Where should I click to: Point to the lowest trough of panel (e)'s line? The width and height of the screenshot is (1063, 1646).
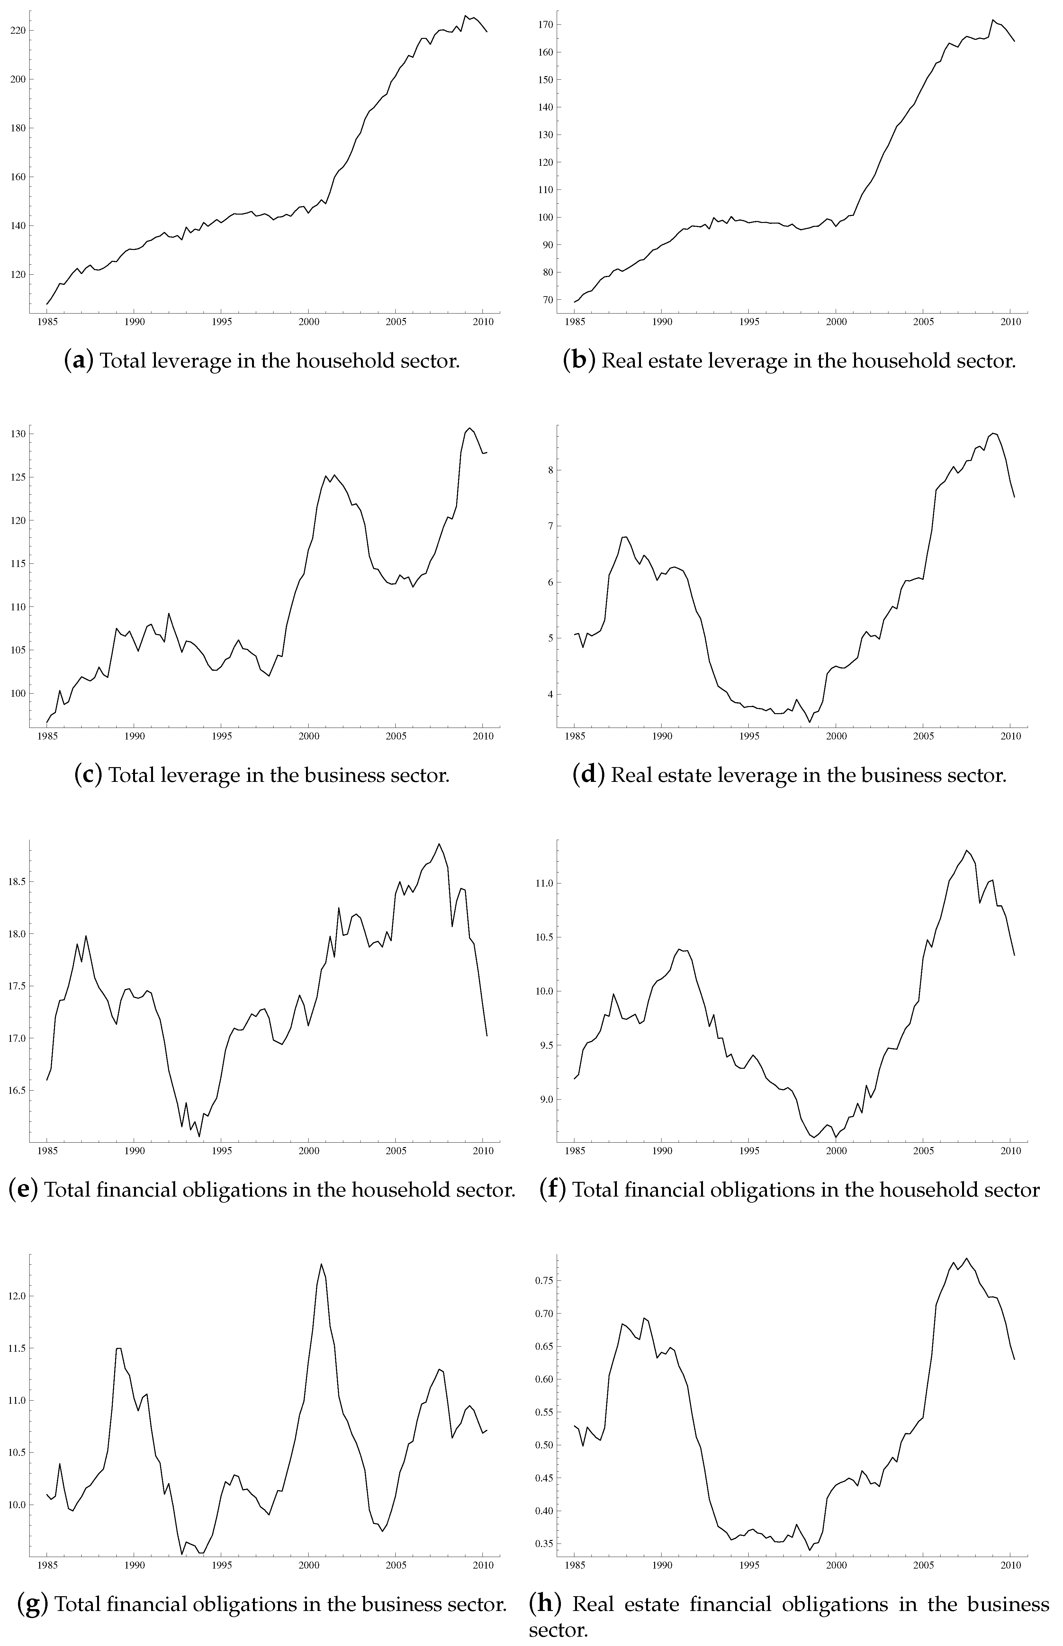tap(200, 1136)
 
